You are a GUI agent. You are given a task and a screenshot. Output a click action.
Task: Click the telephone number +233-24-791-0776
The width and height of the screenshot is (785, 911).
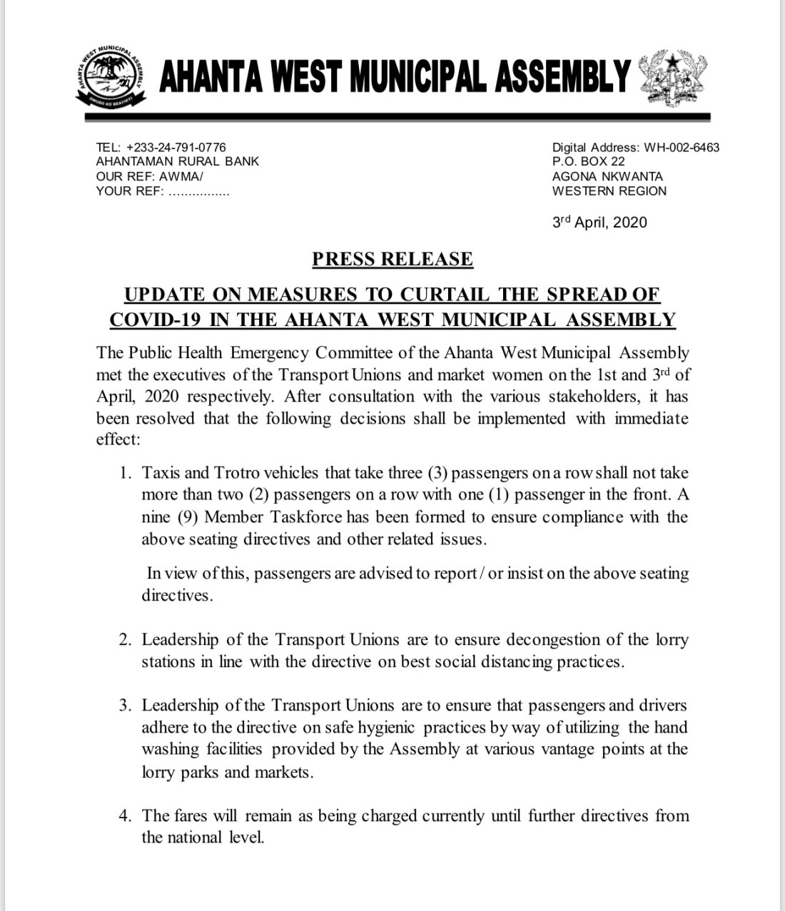click(176, 147)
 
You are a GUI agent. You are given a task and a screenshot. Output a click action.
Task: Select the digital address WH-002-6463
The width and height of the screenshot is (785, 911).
click(682, 148)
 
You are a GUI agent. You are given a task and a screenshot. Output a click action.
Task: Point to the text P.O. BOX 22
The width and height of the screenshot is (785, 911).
click(589, 162)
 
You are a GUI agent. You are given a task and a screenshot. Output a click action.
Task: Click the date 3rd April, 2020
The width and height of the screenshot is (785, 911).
click(599, 223)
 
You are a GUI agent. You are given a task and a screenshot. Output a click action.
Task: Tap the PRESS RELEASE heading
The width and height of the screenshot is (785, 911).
click(392, 259)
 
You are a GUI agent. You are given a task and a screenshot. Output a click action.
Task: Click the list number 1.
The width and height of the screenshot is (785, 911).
click(125, 473)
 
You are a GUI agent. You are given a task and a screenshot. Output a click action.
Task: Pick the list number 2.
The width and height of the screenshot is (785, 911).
click(125, 640)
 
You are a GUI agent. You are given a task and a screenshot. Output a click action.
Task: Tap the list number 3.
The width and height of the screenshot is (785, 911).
click(125, 706)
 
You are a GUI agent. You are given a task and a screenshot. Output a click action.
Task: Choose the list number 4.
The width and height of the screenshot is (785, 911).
click(125, 815)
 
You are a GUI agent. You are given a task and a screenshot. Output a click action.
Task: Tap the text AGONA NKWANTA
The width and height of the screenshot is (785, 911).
click(607, 176)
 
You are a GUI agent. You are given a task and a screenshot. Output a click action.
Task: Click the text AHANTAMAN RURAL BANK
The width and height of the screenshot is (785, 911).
click(178, 162)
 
